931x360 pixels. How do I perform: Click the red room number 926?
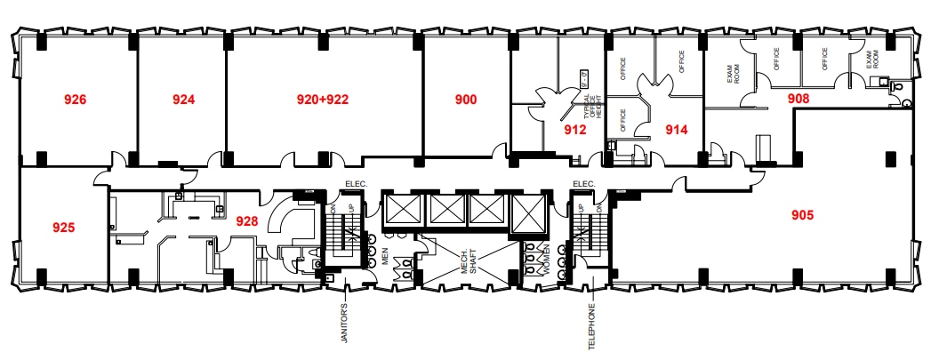[x=76, y=100]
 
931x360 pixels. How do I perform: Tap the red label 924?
[x=184, y=100]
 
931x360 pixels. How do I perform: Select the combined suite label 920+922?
[x=322, y=100]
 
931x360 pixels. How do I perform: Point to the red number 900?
[x=466, y=100]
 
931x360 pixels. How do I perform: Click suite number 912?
[x=575, y=130]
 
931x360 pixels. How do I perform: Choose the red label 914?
[x=677, y=130]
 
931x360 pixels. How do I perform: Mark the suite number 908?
[x=799, y=99]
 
